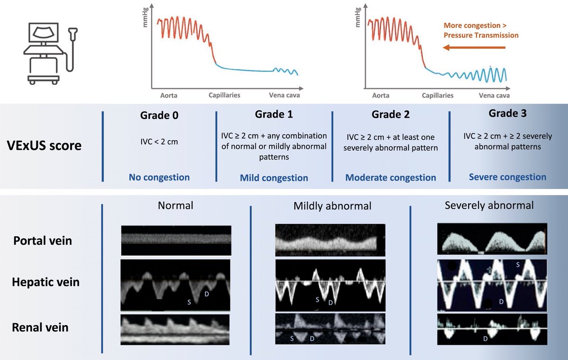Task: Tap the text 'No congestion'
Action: tap(159, 178)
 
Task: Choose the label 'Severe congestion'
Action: tap(507, 177)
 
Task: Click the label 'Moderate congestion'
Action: tap(390, 178)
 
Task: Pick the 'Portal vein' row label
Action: tap(43, 241)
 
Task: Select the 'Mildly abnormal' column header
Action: tap(332, 206)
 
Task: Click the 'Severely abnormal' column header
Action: tap(489, 206)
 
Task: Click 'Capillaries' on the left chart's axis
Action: tap(224, 95)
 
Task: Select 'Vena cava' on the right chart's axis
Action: tap(494, 96)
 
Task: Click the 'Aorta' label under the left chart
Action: tap(169, 96)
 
